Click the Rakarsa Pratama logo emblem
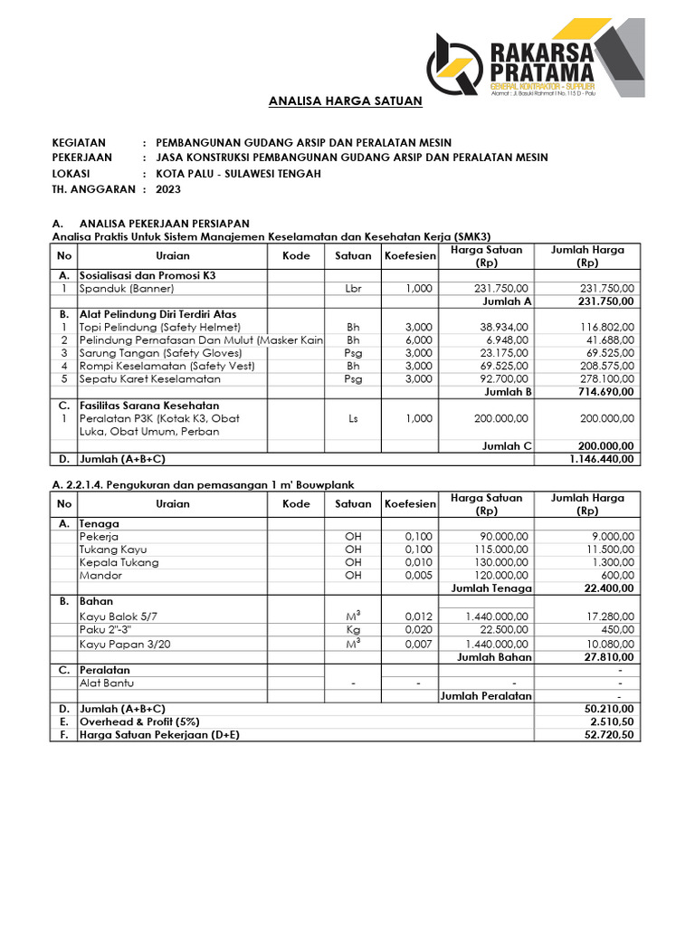(x=454, y=62)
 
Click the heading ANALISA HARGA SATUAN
(x=346, y=101)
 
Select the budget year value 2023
(x=168, y=189)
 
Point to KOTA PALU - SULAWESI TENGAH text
(x=238, y=174)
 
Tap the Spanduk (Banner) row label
(x=126, y=288)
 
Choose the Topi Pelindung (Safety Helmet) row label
(x=160, y=327)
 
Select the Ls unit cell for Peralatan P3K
(x=353, y=419)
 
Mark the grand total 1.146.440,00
(x=602, y=459)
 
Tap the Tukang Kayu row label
(x=113, y=550)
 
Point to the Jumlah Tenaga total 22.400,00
(x=609, y=588)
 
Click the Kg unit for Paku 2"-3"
(x=353, y=630)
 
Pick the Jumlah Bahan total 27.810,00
(x=609, y=657)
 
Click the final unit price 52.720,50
(x=609, y=735)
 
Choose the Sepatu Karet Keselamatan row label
(x=149, y=378)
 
